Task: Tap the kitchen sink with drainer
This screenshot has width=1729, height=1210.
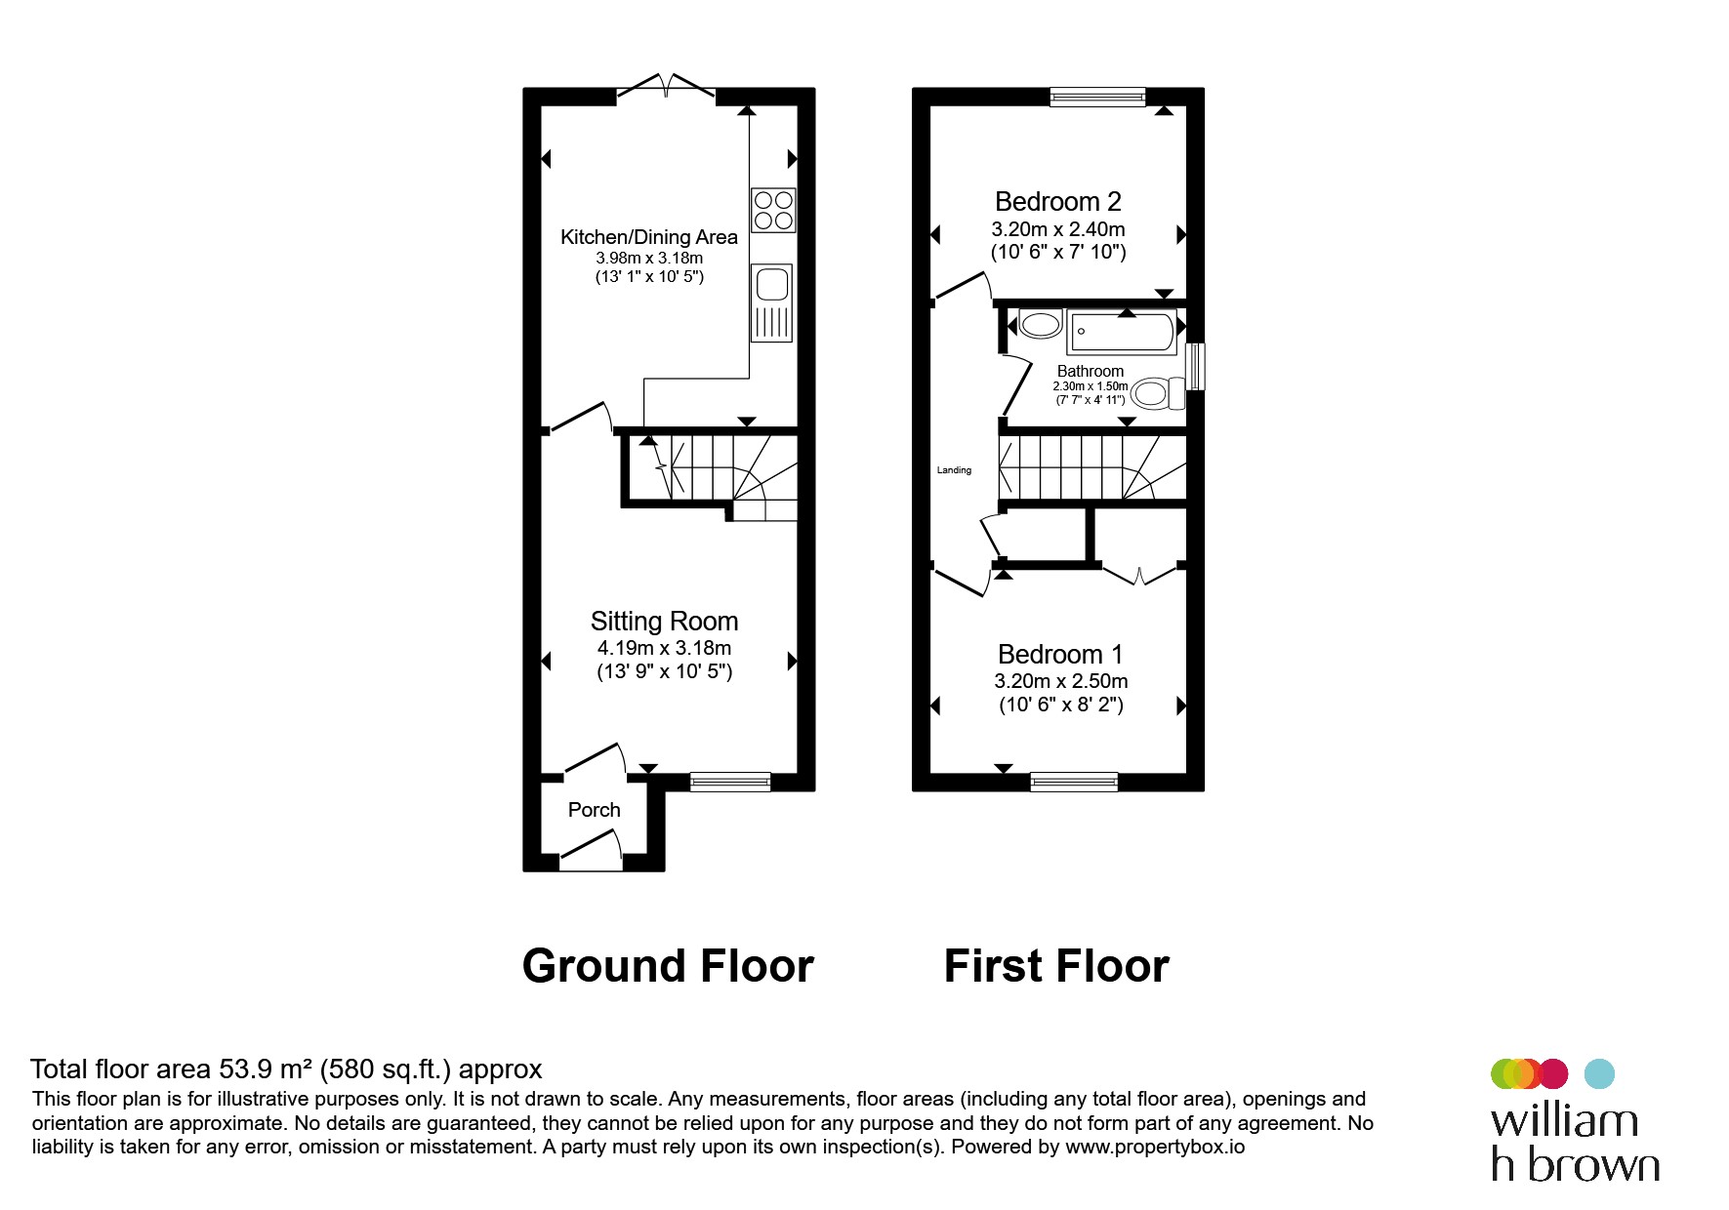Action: click(x=771, y=302)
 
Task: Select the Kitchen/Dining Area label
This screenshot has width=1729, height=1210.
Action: click(x=649, y=237)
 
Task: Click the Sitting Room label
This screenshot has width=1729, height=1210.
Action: click(x=664, y=622)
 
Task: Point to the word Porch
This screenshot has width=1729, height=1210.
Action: click(x=595, y=810)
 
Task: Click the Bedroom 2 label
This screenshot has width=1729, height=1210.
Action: click(x=1058, y=202)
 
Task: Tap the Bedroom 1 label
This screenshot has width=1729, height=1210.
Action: click(x=1060, y=654)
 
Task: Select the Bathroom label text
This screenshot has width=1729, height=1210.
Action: click(x=1091, y=371)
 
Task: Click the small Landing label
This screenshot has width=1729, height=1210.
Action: click(x=954, y=470)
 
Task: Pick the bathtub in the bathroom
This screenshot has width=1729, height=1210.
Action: click(x=1122, y=332)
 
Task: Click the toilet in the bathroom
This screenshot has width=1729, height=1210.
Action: click(x=1158, y=393)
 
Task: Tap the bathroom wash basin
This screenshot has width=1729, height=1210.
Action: click(x=1040, y=324)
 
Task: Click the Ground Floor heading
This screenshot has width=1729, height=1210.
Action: click(x=668, y=966)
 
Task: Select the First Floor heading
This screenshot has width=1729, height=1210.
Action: click(x=1056, y=966)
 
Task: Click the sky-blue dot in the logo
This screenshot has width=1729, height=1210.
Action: click(x=1599, y=1073)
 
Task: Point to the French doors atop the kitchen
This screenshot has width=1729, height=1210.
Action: click(x=666, y=86)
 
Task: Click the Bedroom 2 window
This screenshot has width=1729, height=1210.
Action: click(x=1097, y=96)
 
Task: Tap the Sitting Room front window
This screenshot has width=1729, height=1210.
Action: click(x=730, y=781)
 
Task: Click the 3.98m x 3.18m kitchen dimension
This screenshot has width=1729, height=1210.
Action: click(x=649, y=259)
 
